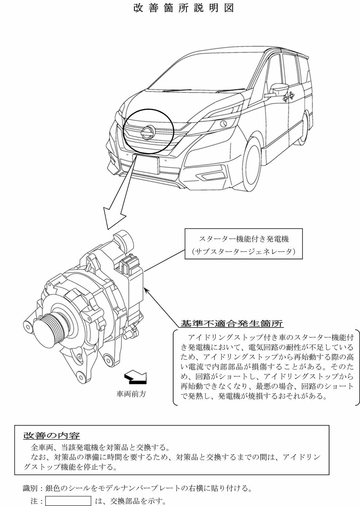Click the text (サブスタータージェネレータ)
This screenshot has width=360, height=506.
[x=244, y=252]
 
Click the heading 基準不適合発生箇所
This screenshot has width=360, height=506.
[x=232, y=324]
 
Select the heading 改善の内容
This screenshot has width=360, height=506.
[x=52, y=435]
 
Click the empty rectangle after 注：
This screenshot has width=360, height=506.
[x=68, y=501]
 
